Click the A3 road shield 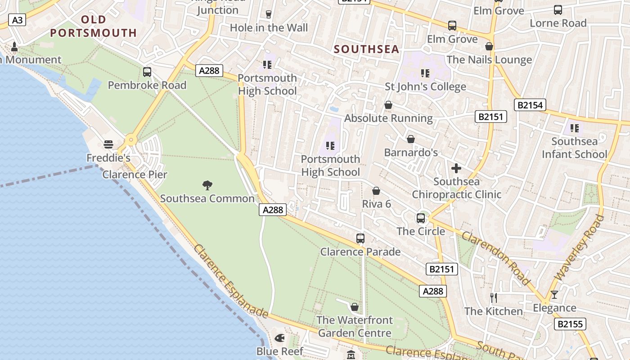tap(18, 20)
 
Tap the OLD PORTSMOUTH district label tap(94, 26)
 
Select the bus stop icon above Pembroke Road tap(147, 72)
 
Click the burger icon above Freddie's tap(108, 144)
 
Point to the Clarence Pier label tap(135, 175)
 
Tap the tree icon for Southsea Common tap(207, 185)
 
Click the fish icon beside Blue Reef tap(279, 337)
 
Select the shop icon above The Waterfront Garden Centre tap(355, 307)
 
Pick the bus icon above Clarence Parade tap(360, 238)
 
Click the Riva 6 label tap(377, 204)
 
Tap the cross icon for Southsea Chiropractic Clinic tap(456, 169)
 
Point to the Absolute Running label tap(388, 118)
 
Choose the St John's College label tap(425, 86)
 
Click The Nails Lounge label tap(489, 60)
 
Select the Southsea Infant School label tap(575, 148)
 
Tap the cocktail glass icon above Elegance tap(554, 295)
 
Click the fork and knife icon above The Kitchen tap(494, 297)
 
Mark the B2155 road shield tap(570, 324)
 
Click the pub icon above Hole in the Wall tap(269, 14)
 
